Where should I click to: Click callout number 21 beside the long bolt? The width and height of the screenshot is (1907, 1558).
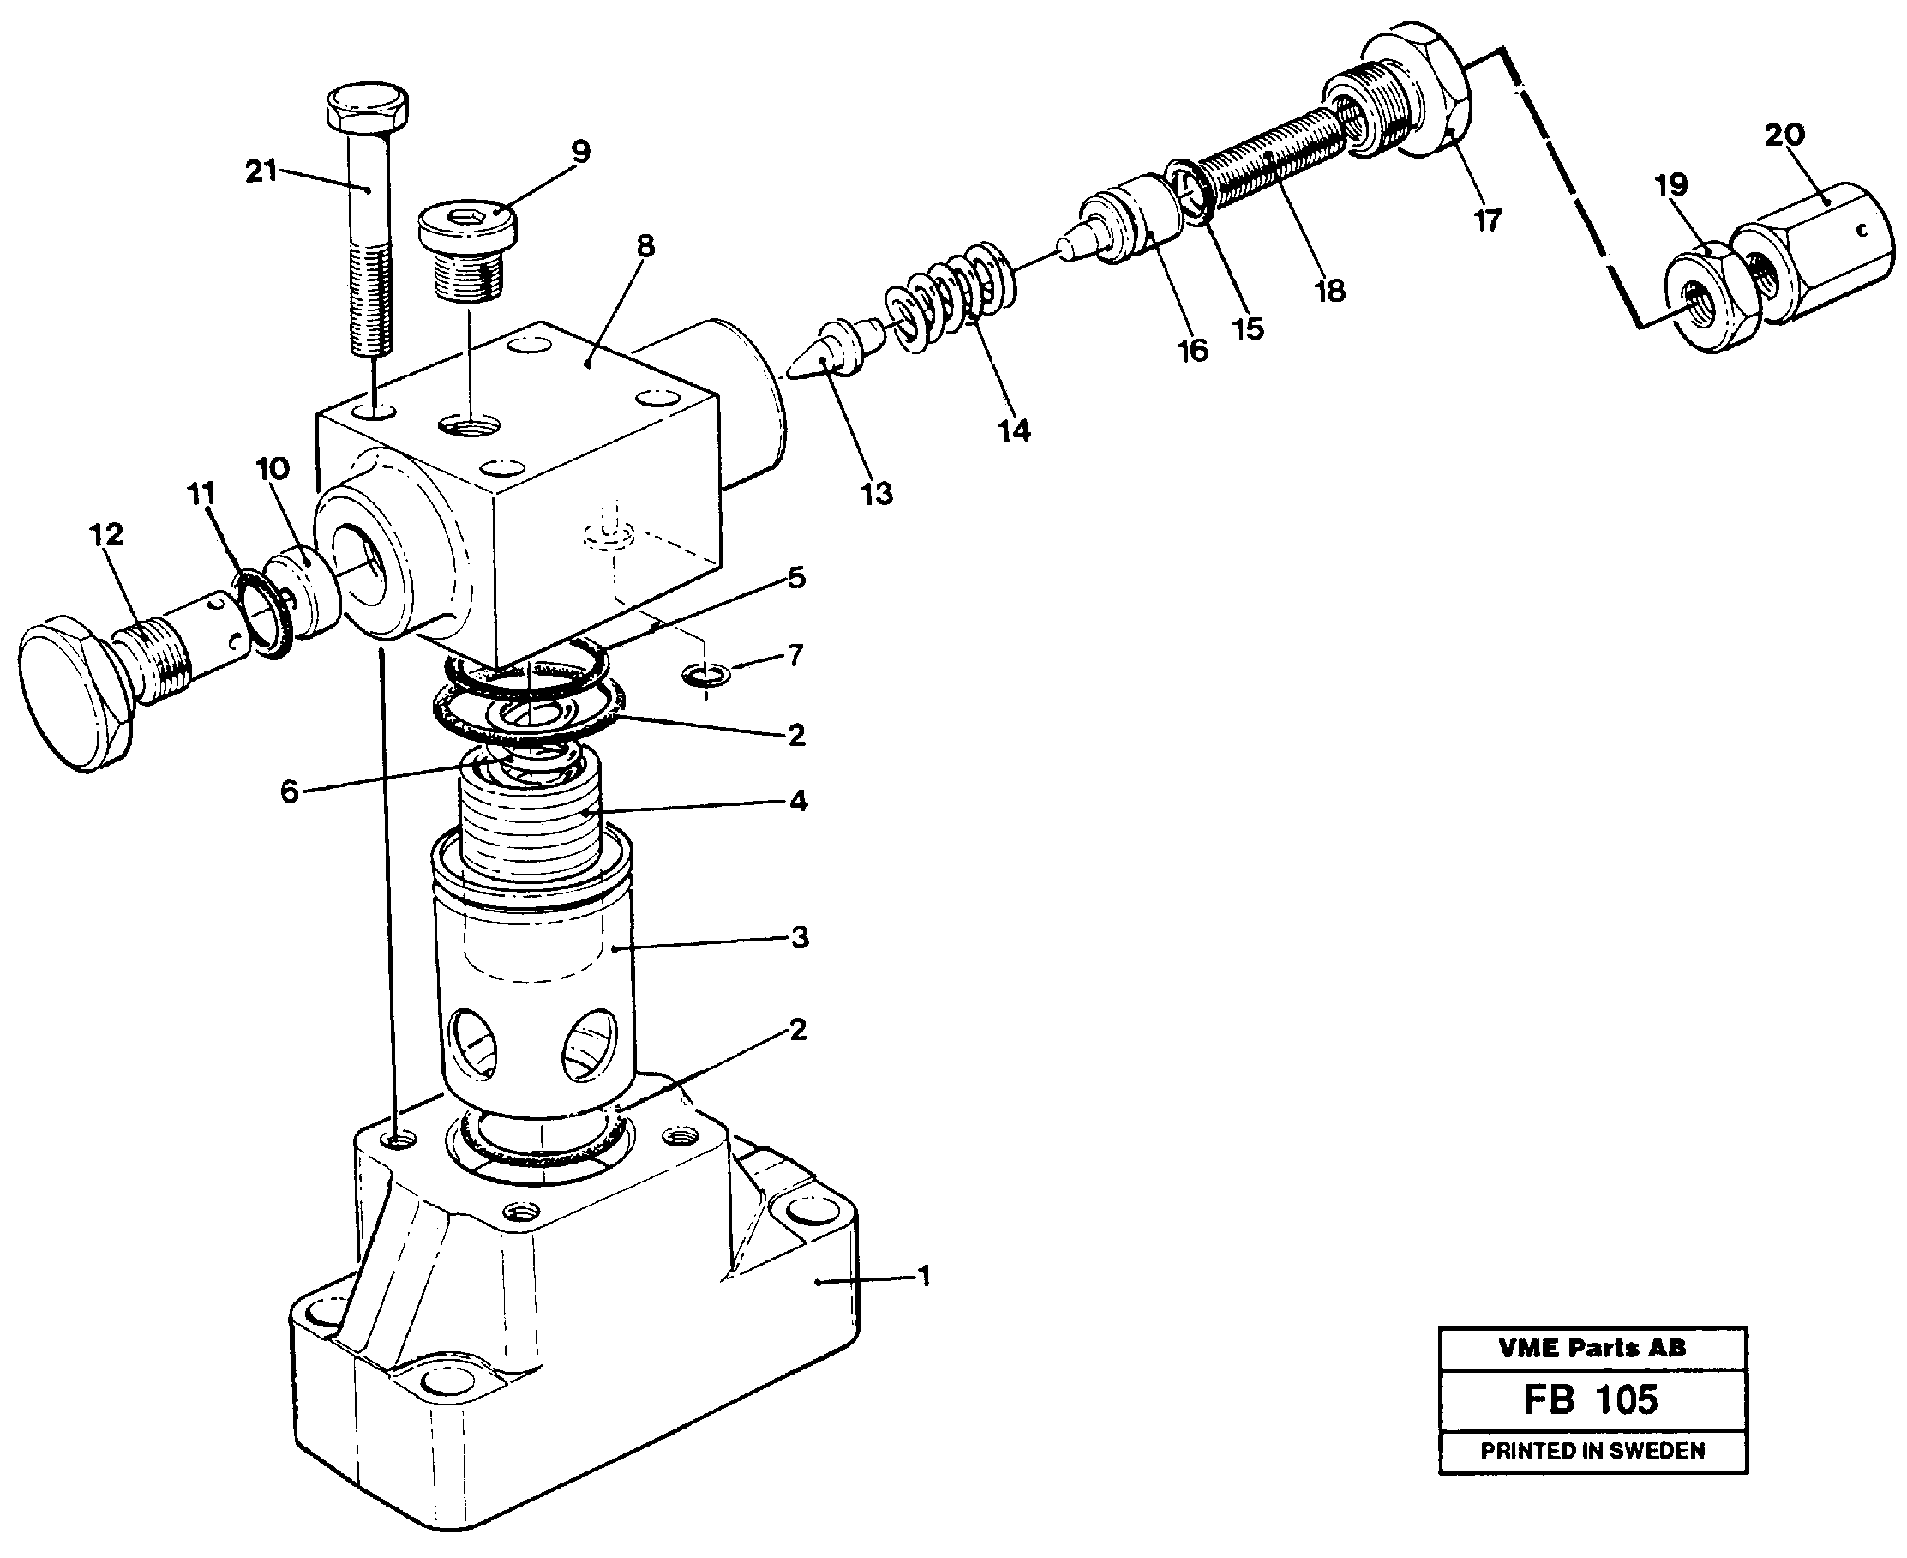(261, 171)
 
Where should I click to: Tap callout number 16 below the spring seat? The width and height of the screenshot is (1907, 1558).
(1192, 351)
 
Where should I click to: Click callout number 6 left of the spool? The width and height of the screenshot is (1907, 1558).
(289, 791)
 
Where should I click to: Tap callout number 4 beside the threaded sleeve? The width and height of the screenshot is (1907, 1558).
(798, 800)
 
